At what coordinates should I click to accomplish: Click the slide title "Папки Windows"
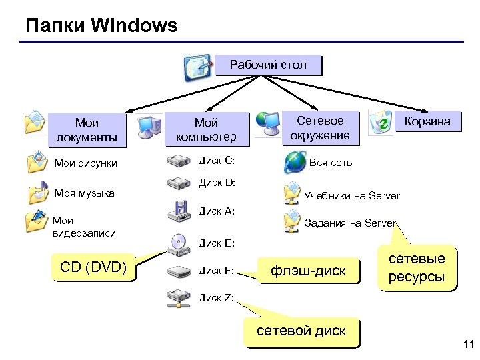tap(101, 26)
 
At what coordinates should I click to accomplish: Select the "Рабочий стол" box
tap(268, 65)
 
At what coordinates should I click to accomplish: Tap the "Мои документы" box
tap(87, 129)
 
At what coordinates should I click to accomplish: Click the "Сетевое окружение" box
tap(320, 127)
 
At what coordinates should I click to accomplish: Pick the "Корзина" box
tap(427, 121)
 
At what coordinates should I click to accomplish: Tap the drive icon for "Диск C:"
tap(179, 161)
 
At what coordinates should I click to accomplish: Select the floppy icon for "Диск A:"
tap(179, 211)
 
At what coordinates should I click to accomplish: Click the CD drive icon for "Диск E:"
tap(179, 243)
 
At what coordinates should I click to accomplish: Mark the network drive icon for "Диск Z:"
tap(179, 297)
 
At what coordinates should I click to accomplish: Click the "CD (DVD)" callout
tap(93, 268)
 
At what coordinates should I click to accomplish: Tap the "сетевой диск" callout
tap(301, 331)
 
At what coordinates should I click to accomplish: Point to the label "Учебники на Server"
tap(352, 196)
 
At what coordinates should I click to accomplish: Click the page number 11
tap(467, 345)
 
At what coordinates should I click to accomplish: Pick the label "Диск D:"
tap(216, 182)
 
